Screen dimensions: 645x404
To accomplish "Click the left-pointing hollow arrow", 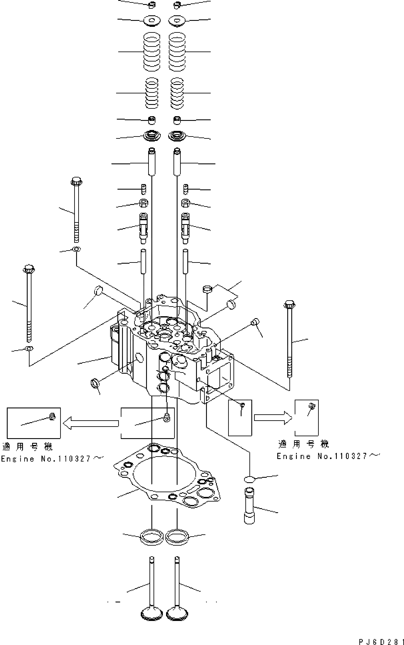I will [x=91, y=423].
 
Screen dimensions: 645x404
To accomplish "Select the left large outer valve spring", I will [x=152, y=52].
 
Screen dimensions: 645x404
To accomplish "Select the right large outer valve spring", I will [x=177, y=52].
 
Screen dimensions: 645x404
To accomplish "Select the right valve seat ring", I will [x=177, y=536].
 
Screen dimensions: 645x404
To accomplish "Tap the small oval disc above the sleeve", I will [x=249, y=480].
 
